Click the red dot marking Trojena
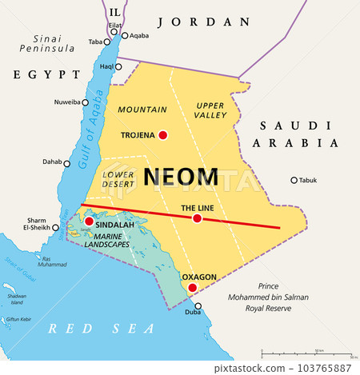pyautogui.click(x=163, y=135)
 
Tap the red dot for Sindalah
pyautogui.click(x=90, y=221)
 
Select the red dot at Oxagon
pyautogui.click(x=192, y=287)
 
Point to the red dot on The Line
pyautogui.click(x=197, y=218)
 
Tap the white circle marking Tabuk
pyautogui.click(x=294, y=180)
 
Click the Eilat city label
pyautogui.click(x=115, y=26)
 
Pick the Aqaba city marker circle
pyautogui.click(x=125, y=35)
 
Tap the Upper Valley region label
pyautogui.click(x=210, y=110)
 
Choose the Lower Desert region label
pyautogui.click(x=118, y=178)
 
